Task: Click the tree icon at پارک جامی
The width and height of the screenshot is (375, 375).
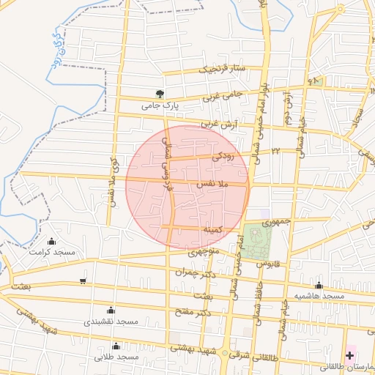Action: click(160, 94)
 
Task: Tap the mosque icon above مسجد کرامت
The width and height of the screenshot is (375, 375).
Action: click(51, 242)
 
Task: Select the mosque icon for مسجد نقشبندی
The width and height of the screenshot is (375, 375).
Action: click(111, 310)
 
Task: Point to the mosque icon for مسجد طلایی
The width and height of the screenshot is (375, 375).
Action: click(116, 346)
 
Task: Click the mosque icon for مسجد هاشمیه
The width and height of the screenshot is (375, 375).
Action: click(319, 285)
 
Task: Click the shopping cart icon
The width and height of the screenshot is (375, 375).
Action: click(83, 281)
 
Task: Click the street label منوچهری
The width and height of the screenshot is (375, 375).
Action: click(203, 252)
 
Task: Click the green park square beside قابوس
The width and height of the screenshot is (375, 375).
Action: click(256, 242)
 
